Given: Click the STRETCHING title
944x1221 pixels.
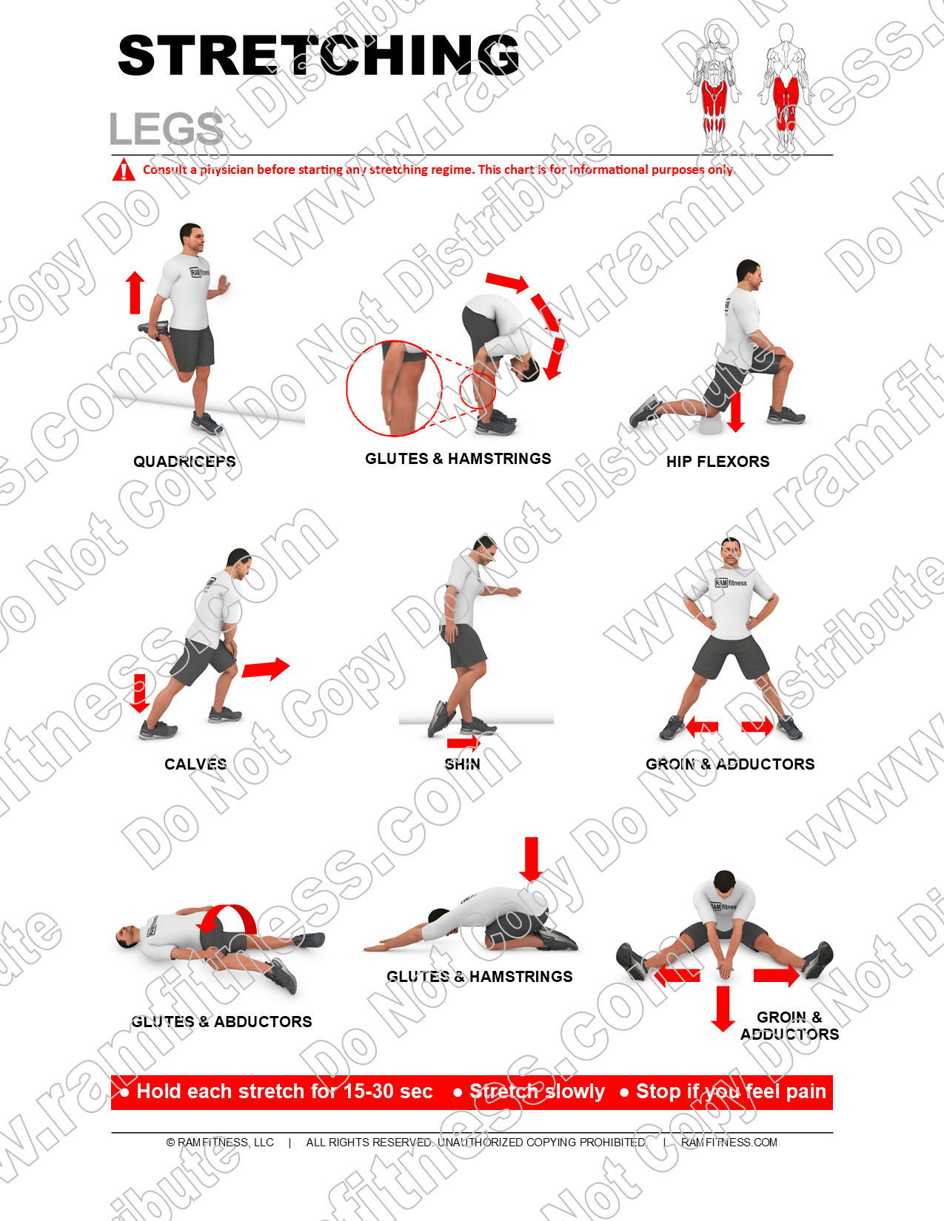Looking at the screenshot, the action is (319, 55).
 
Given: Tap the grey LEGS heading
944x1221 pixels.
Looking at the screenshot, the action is (166, 129).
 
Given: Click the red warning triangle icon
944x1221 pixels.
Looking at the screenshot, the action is (124, 169).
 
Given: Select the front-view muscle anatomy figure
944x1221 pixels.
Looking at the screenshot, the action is (714, 88).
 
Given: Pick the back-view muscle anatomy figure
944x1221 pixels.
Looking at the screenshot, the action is (786, 88).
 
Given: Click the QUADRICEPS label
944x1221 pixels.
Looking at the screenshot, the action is (184, 461).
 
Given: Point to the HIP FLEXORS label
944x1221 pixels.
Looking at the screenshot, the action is (717, 461).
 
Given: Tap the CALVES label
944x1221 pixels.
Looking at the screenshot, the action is (195, 764).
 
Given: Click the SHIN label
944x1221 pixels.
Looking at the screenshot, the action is (462, 764).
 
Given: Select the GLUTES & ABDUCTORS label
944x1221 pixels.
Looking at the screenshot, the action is (221, 1021).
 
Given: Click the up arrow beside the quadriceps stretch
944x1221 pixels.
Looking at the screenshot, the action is (135, 292).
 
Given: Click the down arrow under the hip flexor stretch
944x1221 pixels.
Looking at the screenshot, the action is (735, 412).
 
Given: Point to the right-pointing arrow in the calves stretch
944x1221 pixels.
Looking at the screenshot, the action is (266, 668).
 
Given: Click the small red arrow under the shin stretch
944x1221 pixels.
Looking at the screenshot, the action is (463, 743).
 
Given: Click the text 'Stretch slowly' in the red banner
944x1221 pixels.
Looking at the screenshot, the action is (537, 1091).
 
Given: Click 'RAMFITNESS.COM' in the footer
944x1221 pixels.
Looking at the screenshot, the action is (729, 1143).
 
